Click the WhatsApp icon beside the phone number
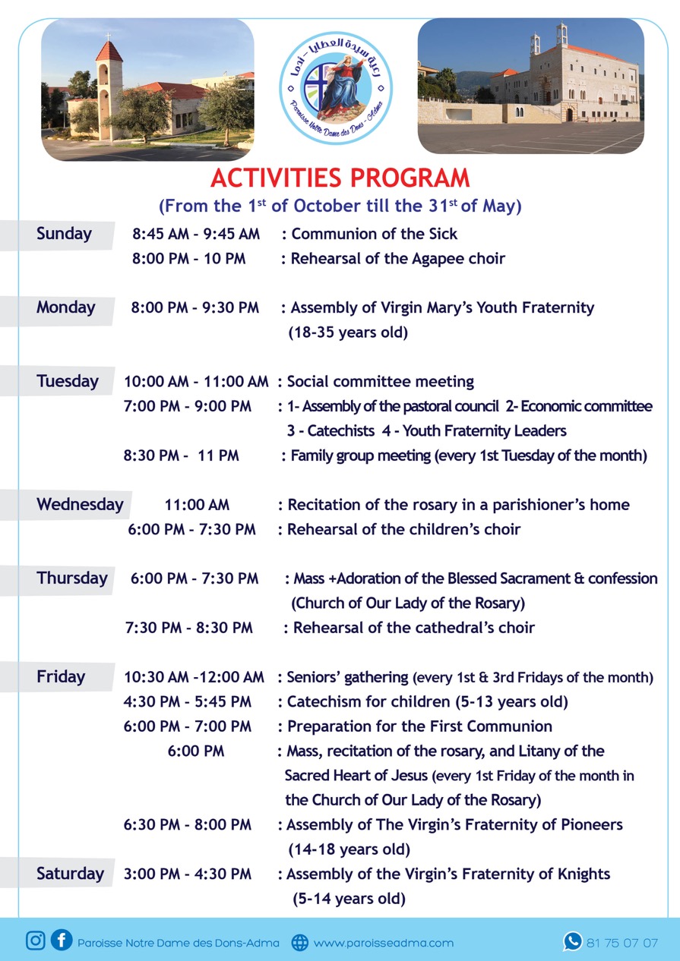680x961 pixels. click(x=572, y=942)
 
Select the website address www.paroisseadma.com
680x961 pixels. click(x=383, y=943)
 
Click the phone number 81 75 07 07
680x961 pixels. click(x=622, y=943)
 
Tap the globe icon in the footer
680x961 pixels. click(x=300, y=943)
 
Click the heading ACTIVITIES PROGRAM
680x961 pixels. click(x=340, y=178)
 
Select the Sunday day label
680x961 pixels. click(x=64, y=234)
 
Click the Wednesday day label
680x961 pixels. click(x=80, y=504)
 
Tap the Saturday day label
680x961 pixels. click(x=70, y=874)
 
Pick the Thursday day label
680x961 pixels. click(x=72, y=578)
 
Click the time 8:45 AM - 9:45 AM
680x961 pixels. click(x=196, y=234)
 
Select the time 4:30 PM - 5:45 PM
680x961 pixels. click(x=188, y=701)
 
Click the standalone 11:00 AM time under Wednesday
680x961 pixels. click(x=197, y=505)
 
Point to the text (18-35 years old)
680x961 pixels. click(x=348, y=332)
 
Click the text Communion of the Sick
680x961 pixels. click(x=375, y=234)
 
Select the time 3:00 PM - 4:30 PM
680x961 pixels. click(x=188, y=874)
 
